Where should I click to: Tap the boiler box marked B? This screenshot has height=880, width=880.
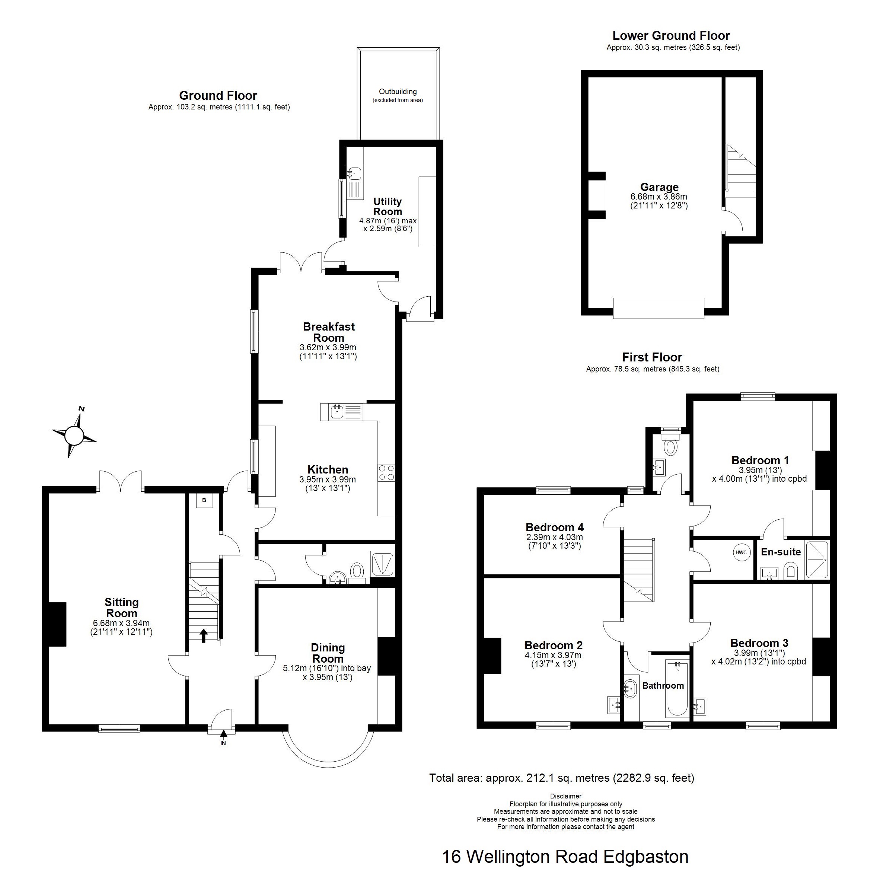[x=204, y=501]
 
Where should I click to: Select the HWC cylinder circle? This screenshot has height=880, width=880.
[x=741, y=552]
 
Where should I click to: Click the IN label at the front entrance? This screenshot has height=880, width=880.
[x=223, y=743]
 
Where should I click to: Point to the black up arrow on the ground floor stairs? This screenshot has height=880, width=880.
[x=204, y=635]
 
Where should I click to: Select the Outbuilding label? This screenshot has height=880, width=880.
[x=398, y=92]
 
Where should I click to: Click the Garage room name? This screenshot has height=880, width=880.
[x=659, y=187]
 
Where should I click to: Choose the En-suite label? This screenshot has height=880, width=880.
[x=781, y=552]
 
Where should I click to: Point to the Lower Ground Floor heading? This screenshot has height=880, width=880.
[x=671, y=35]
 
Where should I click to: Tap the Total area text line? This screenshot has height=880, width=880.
[x=562, y=778]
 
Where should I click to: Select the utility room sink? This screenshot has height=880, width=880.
[x=355, y=173]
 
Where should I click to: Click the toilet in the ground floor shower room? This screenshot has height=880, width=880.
[x=357, y=570]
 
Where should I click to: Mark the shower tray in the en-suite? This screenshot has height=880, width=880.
[x=817, y=560]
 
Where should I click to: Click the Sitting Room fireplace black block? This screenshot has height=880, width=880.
[x=58, y=624]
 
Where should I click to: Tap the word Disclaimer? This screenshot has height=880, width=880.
[x=566, y=796]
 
